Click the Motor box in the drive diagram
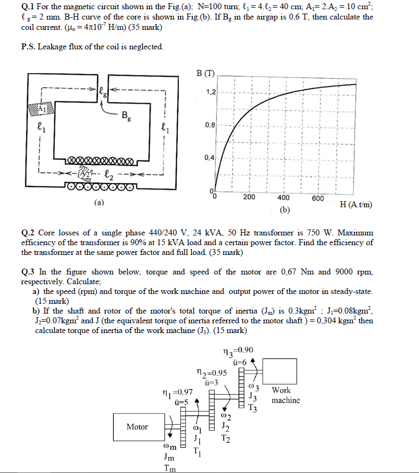click(137, 427)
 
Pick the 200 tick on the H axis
click(249, 197)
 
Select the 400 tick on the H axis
click(284, 197)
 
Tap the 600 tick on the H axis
click(318, 197)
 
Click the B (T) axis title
click(205, 73)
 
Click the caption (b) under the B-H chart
click(285, 209)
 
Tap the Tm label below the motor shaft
click(170, 469)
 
